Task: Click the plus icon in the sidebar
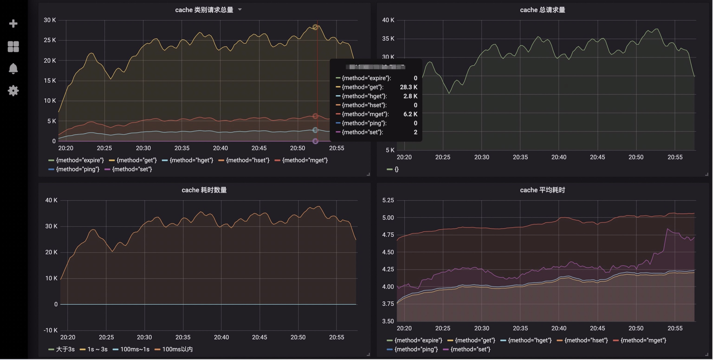tap(13, 23)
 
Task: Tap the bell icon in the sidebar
tap(13, 68)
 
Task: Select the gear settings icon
tap(13, 90)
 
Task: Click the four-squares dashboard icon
tap(13, 46)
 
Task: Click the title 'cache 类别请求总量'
tap(204, 10)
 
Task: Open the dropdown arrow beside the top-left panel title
tap(240, 10)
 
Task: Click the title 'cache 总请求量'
tap(542, 10)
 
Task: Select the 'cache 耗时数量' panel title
tap(204, 190)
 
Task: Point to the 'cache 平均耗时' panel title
tap(542, 190)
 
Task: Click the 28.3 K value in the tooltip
tap(408, 87)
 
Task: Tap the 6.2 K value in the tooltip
tap(410, 114)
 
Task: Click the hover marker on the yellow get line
tap(315, 27)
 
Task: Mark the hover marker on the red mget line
tap(315, 116)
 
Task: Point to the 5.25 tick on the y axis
tap(388, 200)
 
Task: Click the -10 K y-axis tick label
tap(50, 330)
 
